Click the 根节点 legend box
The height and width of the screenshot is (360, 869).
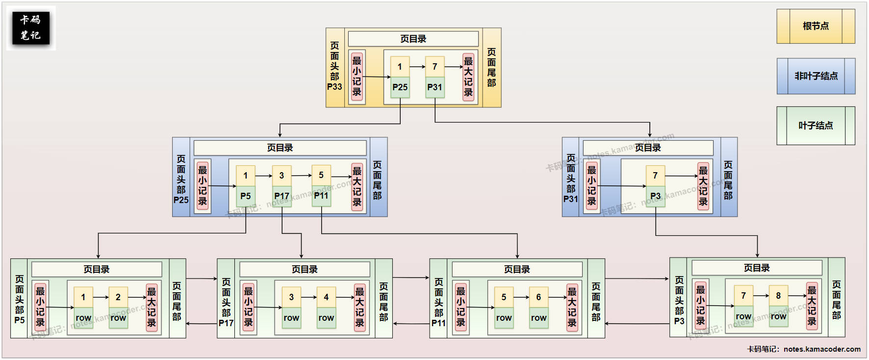tap(816, 26)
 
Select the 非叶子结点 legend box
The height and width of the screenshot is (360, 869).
tap(816, 76)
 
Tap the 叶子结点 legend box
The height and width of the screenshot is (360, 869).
tap(816, 126)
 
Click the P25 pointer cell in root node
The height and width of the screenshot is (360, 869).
tap(400, 87)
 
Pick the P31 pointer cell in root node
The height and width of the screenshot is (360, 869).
tap(434, 87)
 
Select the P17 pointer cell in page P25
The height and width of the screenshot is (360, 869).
tap(281, 196)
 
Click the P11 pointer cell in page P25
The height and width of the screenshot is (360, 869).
tap(321, 196)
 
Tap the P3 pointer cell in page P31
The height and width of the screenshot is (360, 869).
tap(655, 196)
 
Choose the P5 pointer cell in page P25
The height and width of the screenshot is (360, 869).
tap(245, 196)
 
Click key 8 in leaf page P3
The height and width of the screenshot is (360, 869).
tap(778, 296)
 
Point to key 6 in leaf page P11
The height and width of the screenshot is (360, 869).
tap(538, 297)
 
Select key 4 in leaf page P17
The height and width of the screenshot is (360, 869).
tap(326, 297)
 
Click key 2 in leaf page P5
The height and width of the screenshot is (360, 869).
tap(118, 297)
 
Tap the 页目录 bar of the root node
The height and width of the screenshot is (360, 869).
tap(413, 39)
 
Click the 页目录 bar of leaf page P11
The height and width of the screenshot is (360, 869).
tap(517, 269)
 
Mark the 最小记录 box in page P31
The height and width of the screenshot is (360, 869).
tap(592, 186)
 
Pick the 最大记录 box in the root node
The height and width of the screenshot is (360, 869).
tap(468, 77)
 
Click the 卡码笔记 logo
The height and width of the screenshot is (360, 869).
tap(31, 28)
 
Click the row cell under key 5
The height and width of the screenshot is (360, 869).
tap(504, 318)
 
